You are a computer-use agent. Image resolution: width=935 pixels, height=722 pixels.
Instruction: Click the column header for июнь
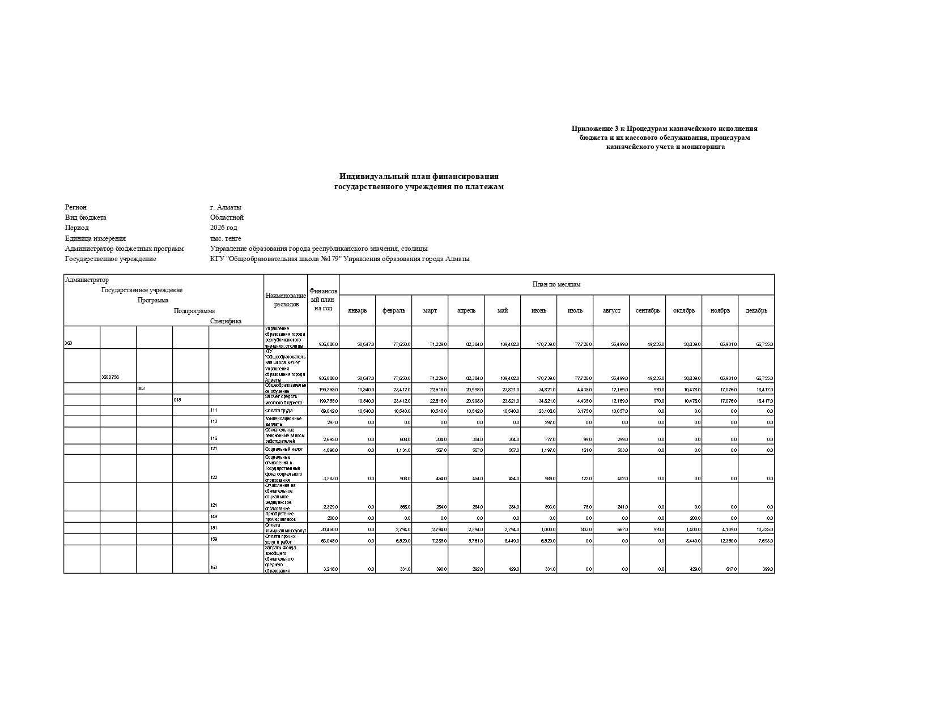coord(538,310)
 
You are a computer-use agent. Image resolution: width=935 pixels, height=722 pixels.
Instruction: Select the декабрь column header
coord(756,310)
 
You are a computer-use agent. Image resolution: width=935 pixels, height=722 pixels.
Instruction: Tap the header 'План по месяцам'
coord(556,284)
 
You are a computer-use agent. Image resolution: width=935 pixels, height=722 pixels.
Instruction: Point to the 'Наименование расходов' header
coord(286,300)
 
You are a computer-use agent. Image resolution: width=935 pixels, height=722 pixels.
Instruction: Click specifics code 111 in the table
coord(214,410)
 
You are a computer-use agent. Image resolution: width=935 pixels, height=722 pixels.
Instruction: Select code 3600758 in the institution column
coord(110,378)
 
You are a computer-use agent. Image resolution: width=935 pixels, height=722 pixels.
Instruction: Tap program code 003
coord(141,388)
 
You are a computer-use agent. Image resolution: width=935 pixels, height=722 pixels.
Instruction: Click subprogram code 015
coord(177,400)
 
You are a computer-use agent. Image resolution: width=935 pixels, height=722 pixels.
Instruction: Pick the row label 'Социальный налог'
coord(284,449)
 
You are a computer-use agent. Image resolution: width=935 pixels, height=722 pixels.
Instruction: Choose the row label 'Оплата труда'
coord(279,411)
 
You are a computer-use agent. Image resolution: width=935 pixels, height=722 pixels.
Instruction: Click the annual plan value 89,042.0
coord(330,411)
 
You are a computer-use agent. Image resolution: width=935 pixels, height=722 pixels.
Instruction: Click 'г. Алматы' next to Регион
coord(226,207)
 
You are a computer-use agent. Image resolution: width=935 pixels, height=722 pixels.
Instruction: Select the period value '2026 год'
coord(224,228)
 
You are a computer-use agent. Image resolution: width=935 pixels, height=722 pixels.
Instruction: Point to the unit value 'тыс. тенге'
coord(226,238)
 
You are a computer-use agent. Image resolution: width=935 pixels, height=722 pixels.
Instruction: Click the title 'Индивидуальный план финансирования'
coord(419,177)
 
